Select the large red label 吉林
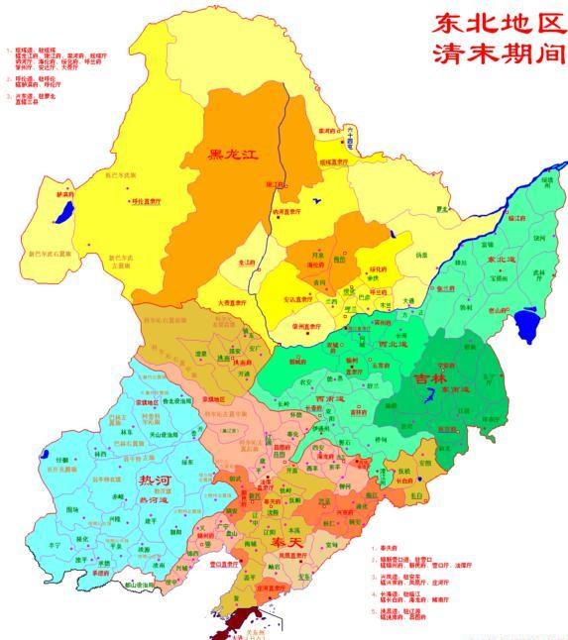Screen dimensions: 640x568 (x=430, y=379)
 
